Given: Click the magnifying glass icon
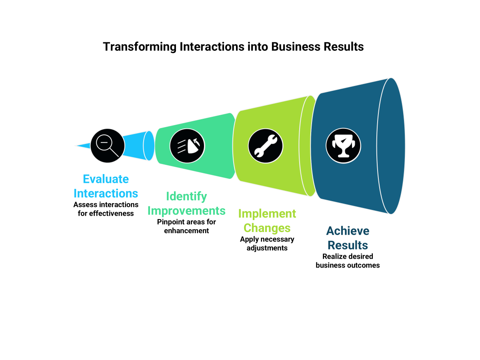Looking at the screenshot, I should tap(107, 145).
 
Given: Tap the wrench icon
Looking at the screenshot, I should tap(265, 146).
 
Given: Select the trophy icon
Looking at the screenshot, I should tap(343, 146).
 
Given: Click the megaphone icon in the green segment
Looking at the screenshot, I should tap(187, 146).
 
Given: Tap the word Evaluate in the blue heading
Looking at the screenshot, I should tap(106, 179).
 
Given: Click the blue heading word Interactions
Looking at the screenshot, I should tap(106, 194).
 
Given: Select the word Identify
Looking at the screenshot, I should tap(187, 196).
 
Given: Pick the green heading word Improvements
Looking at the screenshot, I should tap(187, 211).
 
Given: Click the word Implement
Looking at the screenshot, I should tap(267, 214).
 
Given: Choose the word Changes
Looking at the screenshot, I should tap(267, 228).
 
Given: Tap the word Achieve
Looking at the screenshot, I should tap(348, 231).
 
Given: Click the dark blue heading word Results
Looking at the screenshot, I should tap(348, 245).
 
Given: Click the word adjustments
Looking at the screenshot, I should tap(267, 248).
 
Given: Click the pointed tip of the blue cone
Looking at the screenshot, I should tap(76, 146).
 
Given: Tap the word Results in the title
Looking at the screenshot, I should tap(343, 47).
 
